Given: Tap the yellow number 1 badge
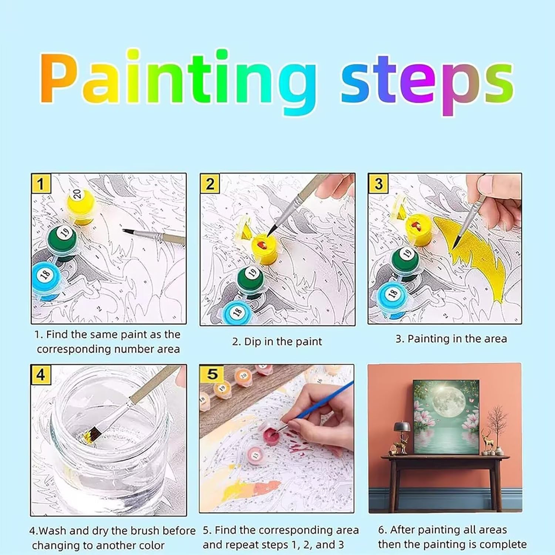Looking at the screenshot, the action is pos(41,184).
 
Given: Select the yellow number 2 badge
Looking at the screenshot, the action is pos(210,184).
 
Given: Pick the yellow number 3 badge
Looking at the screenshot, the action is pos(378,184).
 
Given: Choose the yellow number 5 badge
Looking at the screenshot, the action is pos(211,374).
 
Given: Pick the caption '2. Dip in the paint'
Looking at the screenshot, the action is pos(277,342).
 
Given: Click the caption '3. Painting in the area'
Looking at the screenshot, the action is pos(451,339).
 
